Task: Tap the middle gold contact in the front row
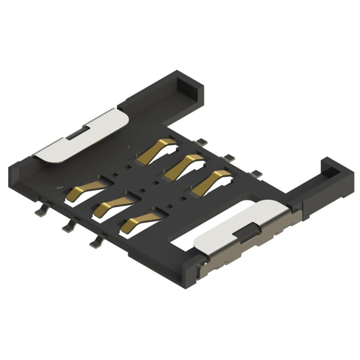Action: [x=112, y=205]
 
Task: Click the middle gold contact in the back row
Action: [x=182, y=165]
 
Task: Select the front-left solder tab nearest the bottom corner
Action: [x=95, y=243]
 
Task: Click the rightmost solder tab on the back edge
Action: [x=257, y=172]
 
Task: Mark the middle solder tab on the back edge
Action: [x=230, y=157]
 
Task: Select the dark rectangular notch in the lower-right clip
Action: [x=247, y=233]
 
